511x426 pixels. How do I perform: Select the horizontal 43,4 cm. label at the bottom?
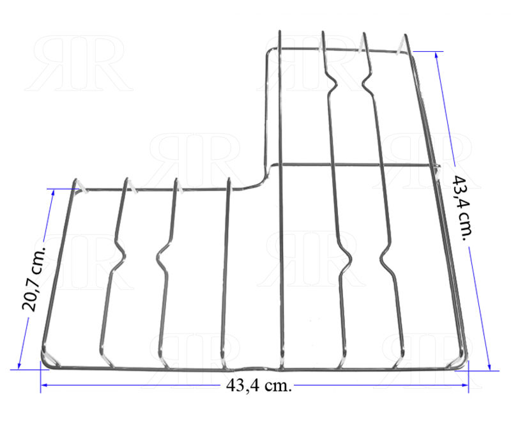[259, 386]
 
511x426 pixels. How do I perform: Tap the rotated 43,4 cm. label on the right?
[461, 208]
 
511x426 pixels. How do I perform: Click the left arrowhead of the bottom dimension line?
[45, 385]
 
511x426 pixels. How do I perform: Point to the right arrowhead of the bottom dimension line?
[465, 385]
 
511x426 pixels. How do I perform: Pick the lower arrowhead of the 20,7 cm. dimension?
[19, 365]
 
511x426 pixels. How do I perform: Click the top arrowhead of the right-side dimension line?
[437, 56]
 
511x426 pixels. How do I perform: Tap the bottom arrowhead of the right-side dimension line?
[489, 367]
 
